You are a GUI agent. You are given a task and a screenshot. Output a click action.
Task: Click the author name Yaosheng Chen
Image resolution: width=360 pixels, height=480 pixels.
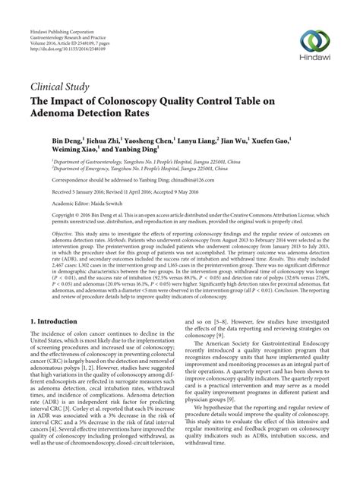click(151, 141)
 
